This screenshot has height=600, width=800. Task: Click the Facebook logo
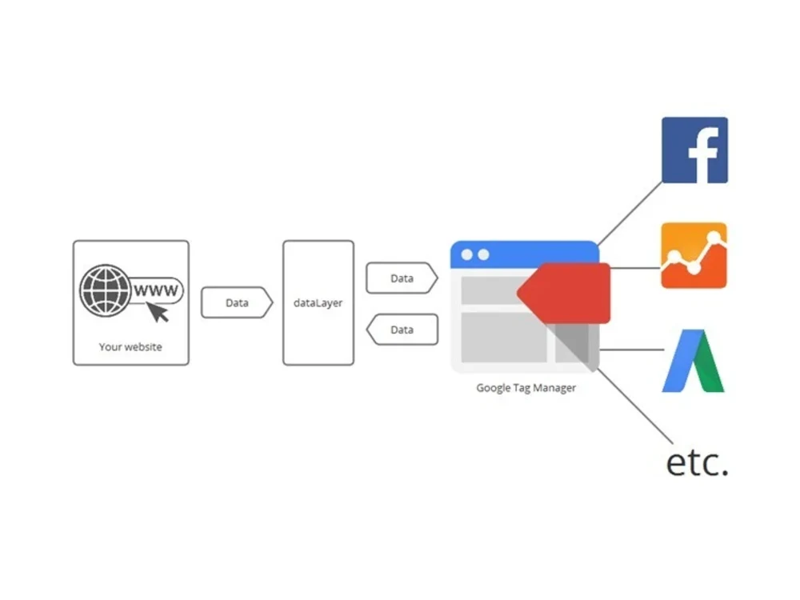(x=694, y=150)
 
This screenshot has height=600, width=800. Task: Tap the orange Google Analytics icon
(x=694, y=255)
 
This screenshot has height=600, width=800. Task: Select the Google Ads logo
(x=694, y=361)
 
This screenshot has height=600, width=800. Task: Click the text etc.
(x=698, y=462)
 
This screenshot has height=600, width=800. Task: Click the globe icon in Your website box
(x=105, y=290)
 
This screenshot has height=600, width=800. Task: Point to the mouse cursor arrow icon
(x=158, y=312)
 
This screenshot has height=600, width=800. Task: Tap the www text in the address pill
(x=156, y=291)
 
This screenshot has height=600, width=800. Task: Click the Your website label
(x=130, y=347)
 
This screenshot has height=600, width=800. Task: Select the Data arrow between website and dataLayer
(x=238, y=302)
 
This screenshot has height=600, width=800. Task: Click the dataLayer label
(x=318, y=303)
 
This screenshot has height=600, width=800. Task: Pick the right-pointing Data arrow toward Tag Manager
(x=402, y=278)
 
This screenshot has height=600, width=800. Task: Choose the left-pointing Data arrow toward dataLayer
(x=402, y=330)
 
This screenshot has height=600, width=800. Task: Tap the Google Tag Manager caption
(x=526, y=388)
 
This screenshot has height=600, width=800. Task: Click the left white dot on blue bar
(x=467, y=254)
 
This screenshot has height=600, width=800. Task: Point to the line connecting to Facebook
(x=630, y=214)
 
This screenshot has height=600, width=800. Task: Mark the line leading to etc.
(x=634, y=406)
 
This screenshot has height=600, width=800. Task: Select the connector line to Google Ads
(x=632, y=350)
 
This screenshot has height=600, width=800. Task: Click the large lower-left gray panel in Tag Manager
(x=504, y=338)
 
